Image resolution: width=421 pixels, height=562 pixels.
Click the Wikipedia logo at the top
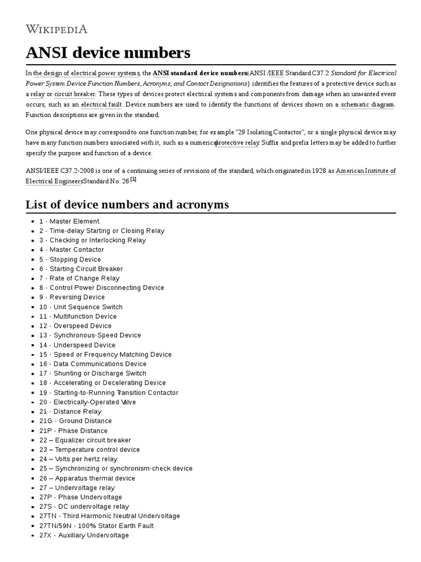pos(56,29)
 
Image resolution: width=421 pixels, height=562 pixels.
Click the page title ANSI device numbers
pos(108,53)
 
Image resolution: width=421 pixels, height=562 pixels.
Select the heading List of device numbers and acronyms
pos(127,205)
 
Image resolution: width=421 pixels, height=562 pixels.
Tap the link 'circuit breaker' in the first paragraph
pos(75,94)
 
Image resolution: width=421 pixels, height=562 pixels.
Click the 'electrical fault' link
pos(101,104)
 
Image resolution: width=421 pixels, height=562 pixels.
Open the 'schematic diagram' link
pos(367,104)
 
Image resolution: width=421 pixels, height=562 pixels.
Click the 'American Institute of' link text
pos(365,171)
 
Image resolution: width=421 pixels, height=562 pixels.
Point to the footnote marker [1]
pos(133,179)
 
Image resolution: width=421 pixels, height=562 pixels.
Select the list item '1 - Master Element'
pos(69,222)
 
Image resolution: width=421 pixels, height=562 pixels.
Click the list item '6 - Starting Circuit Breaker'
pos(81,269)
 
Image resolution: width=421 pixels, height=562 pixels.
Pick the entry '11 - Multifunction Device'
pos(77,317)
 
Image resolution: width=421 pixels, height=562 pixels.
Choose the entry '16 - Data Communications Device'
pos(93,364)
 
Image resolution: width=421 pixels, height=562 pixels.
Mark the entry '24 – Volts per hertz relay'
pos(78,459)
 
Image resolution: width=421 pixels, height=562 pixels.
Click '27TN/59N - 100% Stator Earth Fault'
pos(96,526)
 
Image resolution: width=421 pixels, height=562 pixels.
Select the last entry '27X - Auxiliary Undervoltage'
pos(84,535)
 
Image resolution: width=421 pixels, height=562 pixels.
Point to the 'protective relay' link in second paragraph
pos(237,143)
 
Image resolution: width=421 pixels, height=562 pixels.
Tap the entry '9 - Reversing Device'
pos(71,297)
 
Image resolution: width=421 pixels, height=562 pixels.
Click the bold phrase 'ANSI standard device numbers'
pos(200,73)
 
